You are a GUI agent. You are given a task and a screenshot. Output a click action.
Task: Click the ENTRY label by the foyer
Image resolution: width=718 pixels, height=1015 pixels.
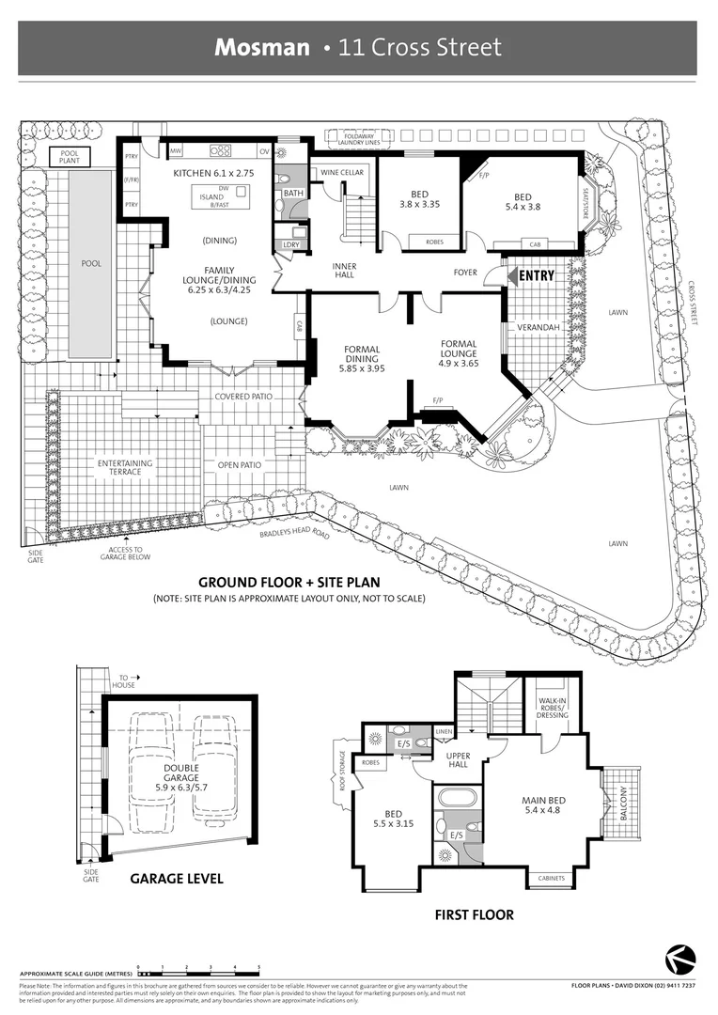tap(536, 275)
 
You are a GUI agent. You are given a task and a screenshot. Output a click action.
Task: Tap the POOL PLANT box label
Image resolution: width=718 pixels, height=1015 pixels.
tap(70, 157)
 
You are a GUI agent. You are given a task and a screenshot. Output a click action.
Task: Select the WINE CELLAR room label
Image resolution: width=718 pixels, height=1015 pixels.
tap(341, 173)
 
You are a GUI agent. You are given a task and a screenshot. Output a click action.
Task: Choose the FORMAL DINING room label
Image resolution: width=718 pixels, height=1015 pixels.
tap(362, 358)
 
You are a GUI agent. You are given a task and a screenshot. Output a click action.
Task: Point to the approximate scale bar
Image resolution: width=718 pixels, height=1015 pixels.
tap(198, 968)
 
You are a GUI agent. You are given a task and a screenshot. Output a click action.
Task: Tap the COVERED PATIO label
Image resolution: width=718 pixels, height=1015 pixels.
tap(243, 397)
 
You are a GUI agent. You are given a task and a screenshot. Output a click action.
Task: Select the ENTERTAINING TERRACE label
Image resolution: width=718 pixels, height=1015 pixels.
tap(124, 467)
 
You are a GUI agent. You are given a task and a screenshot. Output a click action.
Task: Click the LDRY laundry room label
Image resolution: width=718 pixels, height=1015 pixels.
tap(291, 245)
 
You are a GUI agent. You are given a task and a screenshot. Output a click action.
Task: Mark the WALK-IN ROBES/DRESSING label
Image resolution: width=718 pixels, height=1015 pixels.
tap(553, 709)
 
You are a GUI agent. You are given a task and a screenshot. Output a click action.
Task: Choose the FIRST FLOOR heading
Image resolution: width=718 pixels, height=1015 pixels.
tap(474, 914)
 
